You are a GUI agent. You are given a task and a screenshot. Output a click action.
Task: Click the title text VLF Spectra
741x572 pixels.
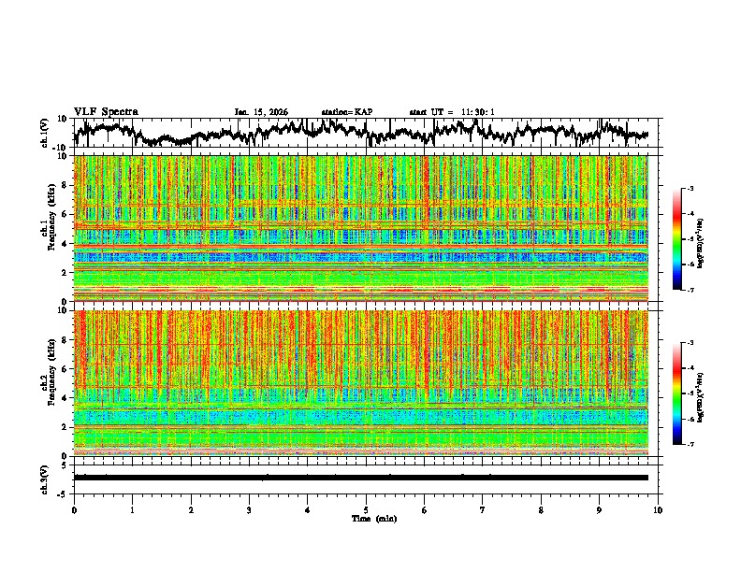coord(106,111)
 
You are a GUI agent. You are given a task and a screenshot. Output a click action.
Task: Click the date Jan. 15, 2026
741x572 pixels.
coord(261,112)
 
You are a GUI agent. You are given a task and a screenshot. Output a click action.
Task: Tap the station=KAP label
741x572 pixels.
coord(346,112)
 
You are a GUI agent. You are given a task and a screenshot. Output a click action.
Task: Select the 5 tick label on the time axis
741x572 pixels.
coord(366,509)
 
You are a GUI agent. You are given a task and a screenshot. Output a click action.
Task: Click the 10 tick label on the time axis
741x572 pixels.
coord(658,509)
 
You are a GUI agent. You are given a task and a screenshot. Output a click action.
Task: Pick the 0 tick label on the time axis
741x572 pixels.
coord(74,509)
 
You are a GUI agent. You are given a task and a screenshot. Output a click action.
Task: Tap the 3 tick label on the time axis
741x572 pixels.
coord(249,509)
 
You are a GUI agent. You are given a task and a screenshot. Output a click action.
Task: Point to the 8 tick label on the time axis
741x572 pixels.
coord(541,509)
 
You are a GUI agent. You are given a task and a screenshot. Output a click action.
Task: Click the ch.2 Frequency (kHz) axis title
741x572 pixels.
coord(46,379)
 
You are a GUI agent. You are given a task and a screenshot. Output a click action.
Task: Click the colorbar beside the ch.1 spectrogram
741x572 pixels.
coord(678,239)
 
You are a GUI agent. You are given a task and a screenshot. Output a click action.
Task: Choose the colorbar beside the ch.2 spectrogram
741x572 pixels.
coord(678,394)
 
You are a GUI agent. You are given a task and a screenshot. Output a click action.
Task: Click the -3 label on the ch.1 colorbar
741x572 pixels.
coord(690,190)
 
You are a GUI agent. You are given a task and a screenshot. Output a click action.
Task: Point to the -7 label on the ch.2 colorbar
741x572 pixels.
coord(690,445)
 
